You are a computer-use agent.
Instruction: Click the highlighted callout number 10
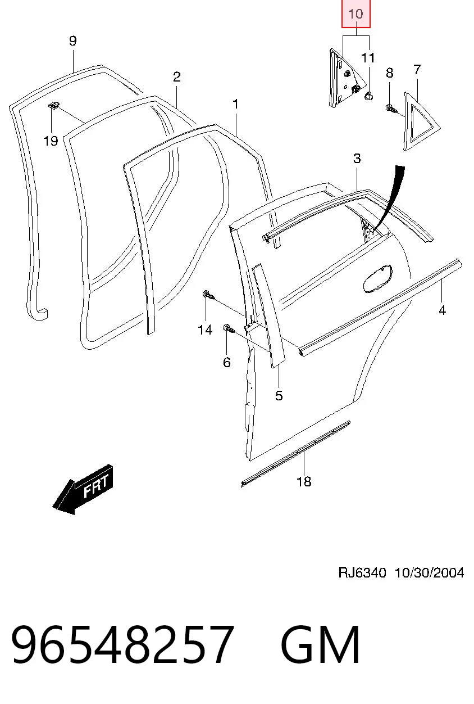(x=355, y=14)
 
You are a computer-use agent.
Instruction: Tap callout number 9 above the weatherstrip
(x=72, y=41)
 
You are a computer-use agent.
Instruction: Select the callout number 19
(x=51, y=141)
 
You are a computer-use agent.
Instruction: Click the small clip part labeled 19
(x=54, y=105)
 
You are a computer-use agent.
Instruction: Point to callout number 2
(x=177, y=77)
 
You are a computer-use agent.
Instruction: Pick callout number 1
(x=235, y=105)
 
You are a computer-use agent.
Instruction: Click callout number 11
(x=368, y=58)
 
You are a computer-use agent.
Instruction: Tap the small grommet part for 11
(x=368, y=96)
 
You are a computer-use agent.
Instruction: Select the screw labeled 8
(x=391, y=109)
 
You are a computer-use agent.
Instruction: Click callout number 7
(x=417, y=70)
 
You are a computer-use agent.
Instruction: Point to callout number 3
(x=357, y=159)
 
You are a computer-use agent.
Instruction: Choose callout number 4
(x=443, y=310)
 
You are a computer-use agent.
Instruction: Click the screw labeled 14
(x=208, y=295)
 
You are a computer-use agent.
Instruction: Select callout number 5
(x=279, y=395)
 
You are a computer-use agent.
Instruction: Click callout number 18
(x=304, y=481)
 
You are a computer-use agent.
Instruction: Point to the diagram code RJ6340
(x=362, y=572)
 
